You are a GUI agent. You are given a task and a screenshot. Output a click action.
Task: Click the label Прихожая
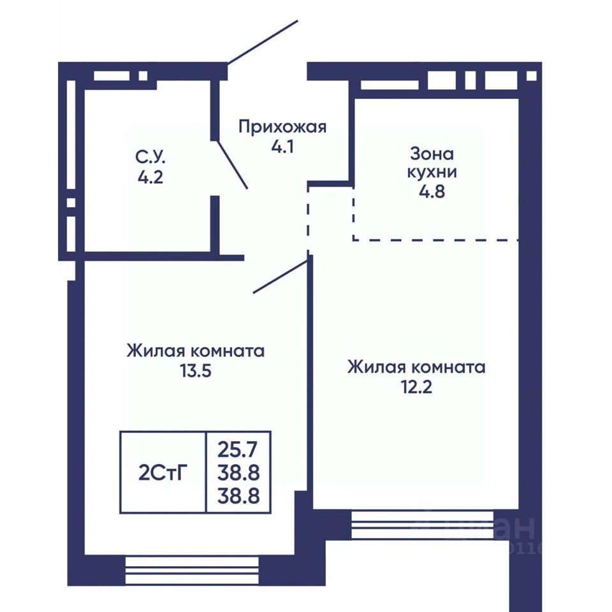282,127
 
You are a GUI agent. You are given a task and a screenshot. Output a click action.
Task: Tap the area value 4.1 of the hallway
282,147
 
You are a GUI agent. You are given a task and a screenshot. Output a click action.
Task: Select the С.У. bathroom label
150,157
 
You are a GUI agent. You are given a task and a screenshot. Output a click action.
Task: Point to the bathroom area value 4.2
150,177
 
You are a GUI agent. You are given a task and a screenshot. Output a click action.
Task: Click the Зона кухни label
432,163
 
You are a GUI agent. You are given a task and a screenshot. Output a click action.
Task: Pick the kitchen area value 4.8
432,192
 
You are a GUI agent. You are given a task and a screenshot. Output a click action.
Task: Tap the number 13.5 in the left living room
196,371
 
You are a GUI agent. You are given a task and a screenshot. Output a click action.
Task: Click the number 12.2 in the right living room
416,387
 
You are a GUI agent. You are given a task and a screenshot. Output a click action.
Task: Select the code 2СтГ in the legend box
163,472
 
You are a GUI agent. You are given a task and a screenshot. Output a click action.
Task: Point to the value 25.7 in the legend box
238,449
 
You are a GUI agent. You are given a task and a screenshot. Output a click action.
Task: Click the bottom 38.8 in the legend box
238,497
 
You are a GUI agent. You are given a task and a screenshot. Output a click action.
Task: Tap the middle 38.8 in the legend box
238,473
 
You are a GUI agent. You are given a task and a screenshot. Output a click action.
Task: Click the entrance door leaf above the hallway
263,42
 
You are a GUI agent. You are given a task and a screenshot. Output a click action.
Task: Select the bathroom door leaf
232,164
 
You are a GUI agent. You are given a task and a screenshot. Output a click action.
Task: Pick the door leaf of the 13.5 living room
280,277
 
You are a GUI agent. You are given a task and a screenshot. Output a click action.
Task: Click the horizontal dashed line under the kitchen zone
435,240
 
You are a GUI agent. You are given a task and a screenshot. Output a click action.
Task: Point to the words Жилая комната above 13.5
196,351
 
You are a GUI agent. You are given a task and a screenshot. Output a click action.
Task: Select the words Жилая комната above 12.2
416,367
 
